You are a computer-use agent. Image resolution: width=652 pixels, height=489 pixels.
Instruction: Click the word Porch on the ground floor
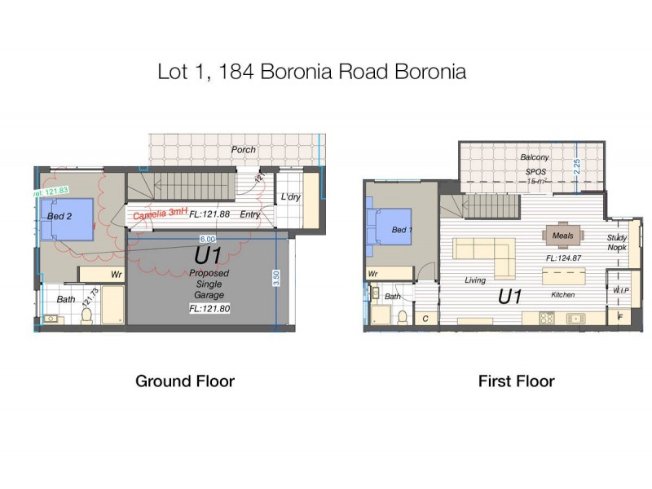[243, 149]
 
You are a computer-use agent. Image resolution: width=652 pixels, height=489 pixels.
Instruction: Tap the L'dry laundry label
[291, 197]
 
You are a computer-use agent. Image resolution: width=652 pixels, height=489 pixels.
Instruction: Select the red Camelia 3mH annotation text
[159, 214]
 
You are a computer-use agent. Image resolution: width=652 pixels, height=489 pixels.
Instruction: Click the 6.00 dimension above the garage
[208, 239]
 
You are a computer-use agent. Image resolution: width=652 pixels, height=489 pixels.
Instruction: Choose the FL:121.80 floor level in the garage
[209, 309]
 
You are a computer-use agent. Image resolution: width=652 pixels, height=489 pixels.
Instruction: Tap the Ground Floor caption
[185, 381]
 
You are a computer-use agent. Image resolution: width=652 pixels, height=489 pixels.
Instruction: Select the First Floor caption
[517, 381]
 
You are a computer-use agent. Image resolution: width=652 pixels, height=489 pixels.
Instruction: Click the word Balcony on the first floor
[535, 156]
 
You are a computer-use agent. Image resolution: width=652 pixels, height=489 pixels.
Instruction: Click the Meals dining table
[563, 236]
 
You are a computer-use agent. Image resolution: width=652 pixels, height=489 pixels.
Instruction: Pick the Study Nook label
[617, 242]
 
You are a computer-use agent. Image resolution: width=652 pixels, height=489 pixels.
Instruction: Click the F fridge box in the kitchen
[619, 317]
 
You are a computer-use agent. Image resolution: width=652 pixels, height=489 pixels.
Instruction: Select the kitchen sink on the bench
[575, 318]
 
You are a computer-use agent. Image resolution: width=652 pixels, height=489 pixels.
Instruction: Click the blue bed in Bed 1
[390, 227]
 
